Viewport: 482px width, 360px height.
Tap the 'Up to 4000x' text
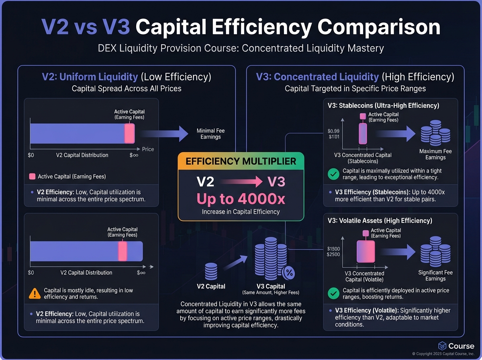pos(241,199)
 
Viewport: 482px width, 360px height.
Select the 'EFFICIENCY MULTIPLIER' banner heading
pos(241,162)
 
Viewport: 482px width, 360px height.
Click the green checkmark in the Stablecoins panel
pos(333,174)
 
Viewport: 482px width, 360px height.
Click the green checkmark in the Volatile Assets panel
pos(333,294)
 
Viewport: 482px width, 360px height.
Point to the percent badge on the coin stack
pos(289,273)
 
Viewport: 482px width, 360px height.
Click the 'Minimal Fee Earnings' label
pos(210,134)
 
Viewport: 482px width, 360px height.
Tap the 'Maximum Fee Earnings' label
pos(435,154)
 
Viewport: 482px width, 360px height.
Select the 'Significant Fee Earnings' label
pos(435,276)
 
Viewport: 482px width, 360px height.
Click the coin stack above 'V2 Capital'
pos(211,271)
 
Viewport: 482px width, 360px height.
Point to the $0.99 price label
pos(333,131)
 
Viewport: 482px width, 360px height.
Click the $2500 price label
pos(333,255)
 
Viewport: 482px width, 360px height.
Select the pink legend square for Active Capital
pos(33,176)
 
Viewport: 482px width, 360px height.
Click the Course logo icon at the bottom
pos(442,346)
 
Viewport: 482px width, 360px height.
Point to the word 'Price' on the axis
pos(148,149)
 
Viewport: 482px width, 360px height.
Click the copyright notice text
pos(443,354)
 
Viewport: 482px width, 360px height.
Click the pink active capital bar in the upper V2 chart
pos(129,133)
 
